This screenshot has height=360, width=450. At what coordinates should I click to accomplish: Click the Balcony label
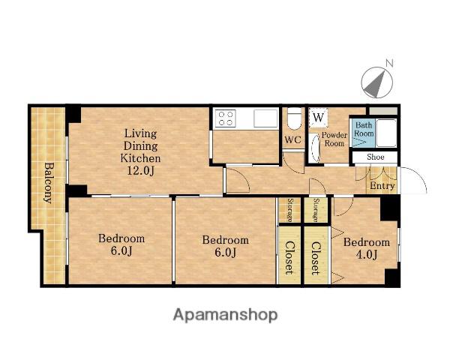[49, 183]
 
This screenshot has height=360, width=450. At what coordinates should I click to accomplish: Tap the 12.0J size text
[141, 171]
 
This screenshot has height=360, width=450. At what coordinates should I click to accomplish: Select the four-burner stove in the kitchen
[226, 118]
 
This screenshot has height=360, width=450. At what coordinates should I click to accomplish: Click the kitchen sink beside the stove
[265, 118]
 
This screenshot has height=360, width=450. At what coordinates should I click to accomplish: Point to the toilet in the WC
[295, 120]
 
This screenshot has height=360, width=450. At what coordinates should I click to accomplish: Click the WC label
[293, 139]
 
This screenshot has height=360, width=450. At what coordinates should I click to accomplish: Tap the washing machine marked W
[318, 118]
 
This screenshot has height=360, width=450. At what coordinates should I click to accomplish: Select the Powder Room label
[334, 139]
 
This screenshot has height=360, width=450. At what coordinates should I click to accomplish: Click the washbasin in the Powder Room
[315, 148]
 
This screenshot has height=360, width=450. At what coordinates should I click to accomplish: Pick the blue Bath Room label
[364, 129]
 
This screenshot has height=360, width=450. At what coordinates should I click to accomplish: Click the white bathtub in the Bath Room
[386, 133]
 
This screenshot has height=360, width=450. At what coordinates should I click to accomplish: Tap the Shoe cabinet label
[376, 157]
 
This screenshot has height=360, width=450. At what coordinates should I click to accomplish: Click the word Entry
[382, 186]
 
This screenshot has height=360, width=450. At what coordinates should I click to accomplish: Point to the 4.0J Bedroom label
[367, 248]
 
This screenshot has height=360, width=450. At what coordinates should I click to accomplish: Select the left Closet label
[289, 257]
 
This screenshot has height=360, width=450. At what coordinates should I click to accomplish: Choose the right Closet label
[316, 258]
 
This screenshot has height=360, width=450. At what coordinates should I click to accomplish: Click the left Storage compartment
[289, 210]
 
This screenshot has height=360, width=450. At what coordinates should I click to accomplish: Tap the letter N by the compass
[388, 63]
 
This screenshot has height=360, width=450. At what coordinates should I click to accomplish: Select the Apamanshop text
[225, 315]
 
